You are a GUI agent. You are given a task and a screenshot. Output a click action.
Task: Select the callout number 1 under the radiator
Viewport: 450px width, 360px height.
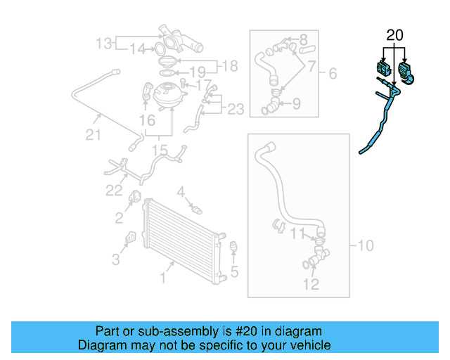tap(163, 279)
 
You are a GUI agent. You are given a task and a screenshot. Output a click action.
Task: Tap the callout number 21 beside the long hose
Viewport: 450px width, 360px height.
tap(93, 134)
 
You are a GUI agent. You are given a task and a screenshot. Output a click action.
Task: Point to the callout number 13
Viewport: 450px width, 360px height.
tap(104, 44)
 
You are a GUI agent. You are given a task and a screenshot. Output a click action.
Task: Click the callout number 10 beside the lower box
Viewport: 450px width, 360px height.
tap(366, 246)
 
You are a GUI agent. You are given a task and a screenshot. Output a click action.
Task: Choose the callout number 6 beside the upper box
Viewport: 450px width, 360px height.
tap(333, 73)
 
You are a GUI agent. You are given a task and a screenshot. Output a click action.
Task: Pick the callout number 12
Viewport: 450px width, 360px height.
tap(311, 284)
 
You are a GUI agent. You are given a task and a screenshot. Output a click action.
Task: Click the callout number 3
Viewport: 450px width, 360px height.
tap(116, 260)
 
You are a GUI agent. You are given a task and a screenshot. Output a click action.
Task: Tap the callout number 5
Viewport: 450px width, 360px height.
tap(236, 271)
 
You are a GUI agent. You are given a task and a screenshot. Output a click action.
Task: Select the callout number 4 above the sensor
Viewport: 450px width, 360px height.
tap(181, 191)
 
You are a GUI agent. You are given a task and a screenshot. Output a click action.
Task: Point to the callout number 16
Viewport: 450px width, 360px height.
tap(147, 121)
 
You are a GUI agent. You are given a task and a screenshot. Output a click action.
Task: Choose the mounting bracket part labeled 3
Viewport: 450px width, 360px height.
tap(130, 239)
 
